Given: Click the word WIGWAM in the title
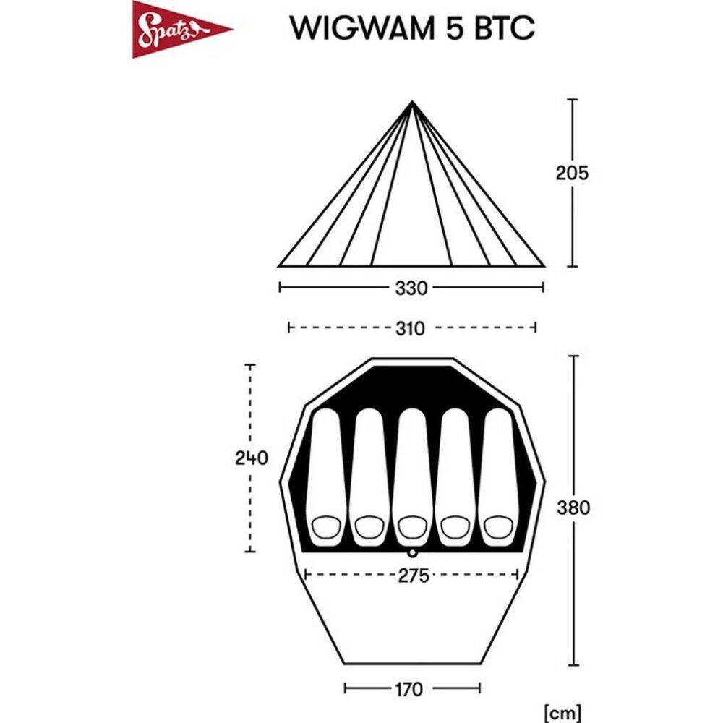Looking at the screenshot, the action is point(362,28).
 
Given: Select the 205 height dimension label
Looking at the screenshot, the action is point(572,173).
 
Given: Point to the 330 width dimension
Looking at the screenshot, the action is point(411,288).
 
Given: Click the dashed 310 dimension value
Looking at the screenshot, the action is point(410,329).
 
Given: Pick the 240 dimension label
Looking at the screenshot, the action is point(252,458).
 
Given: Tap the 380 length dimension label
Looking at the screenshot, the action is point(573,508).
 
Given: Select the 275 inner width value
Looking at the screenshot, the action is point(414,576).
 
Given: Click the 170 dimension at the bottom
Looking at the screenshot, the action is point(408,690).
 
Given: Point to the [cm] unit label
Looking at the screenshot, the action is point(562,712).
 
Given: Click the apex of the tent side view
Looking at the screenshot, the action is point(412,101).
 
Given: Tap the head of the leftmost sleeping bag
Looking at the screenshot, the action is point(327,527).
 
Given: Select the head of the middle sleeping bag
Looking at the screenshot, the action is point(413,527).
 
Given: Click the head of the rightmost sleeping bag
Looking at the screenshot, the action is point(498,527).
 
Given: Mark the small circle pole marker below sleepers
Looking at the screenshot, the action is point(412,552).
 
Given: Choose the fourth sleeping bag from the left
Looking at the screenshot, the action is point(455,477).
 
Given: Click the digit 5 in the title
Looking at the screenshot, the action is point(454,28).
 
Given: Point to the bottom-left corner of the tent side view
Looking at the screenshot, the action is point(278,266).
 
